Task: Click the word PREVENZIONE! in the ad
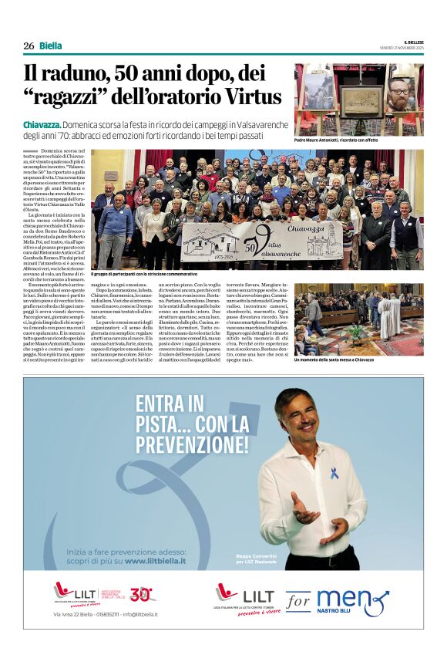tap(192, 444)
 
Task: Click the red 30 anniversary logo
tap(142, 594)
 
